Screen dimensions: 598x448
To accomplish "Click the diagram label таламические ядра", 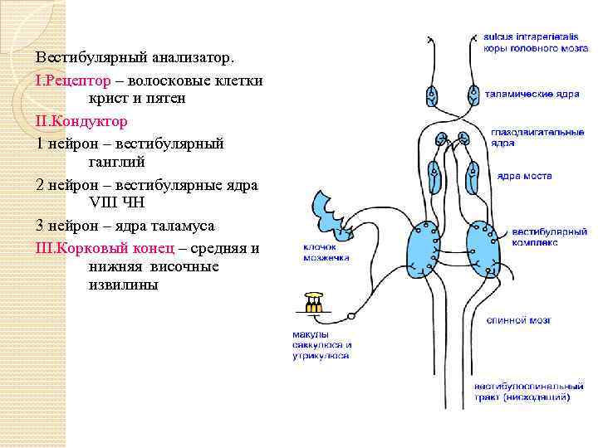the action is tap(532, 95).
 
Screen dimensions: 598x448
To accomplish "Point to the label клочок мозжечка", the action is tap(326, 252).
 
